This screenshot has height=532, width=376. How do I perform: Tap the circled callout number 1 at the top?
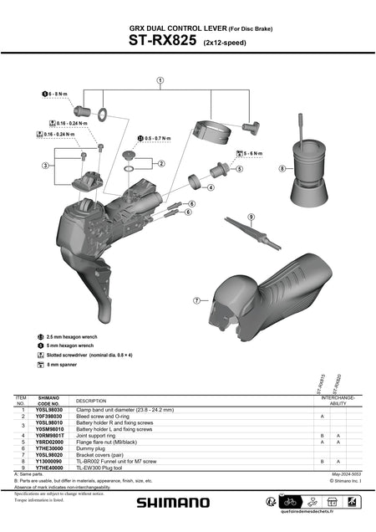pyautogui.click(x=159, y=80)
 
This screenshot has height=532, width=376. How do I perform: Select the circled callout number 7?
pyautogui.click(x=196, y=299)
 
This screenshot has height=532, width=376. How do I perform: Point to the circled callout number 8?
pyautogui.click(x=282, y=168)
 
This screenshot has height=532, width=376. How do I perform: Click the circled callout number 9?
pyautogui.click(x=251, y=217)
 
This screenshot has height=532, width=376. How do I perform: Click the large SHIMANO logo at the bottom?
pyautogui.click(x=174, y=502)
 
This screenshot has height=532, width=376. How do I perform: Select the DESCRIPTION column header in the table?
pyautogui.click(x=92, y=401)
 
